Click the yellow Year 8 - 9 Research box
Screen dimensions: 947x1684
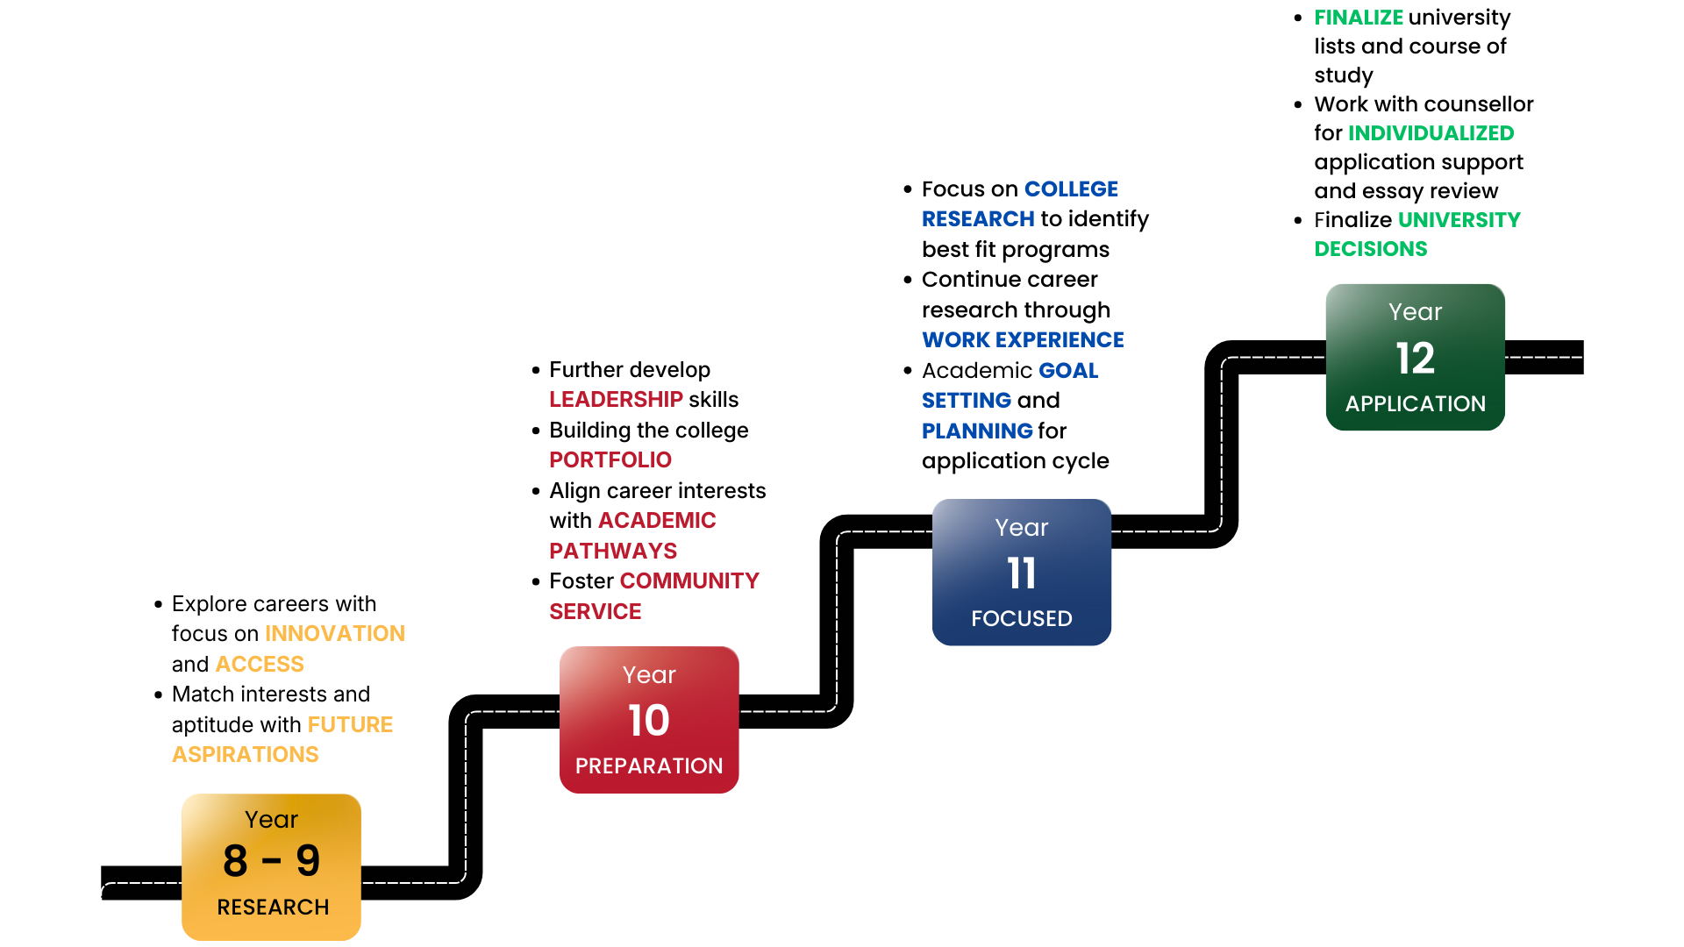(x=271, y=866)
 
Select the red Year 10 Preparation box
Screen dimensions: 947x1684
(x=649, y=719)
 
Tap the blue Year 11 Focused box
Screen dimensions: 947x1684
(x=1022, y=572)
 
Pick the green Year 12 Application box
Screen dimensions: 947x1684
(x=1415, y=357)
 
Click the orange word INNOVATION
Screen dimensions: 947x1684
(x=335, y=633)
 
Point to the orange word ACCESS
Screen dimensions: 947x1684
(x=260, y=664)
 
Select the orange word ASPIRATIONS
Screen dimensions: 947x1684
(x=246, y=754)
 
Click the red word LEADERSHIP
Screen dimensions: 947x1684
(x=616, y=399)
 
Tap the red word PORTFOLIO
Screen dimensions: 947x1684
(x=610, y=459)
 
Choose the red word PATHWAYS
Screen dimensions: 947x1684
(x=613, y=551)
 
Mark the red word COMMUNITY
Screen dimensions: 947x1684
(x=689, y=580)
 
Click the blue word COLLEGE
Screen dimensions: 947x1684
(x=1071, y=189)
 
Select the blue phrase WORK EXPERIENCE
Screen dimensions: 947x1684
(x=1023, y=339)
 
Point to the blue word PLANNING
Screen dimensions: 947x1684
(x=977, y=431)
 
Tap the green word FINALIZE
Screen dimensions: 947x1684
(x=1359, y=18)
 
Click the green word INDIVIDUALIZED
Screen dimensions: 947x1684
(x=1431, y=132)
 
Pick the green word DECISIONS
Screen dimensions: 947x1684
(x=1371, y=248)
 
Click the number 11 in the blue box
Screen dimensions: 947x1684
(x=1022, y=573)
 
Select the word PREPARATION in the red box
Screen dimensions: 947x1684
(x=649, y=765)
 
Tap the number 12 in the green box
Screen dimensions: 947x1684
(x=1415, y=358)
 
